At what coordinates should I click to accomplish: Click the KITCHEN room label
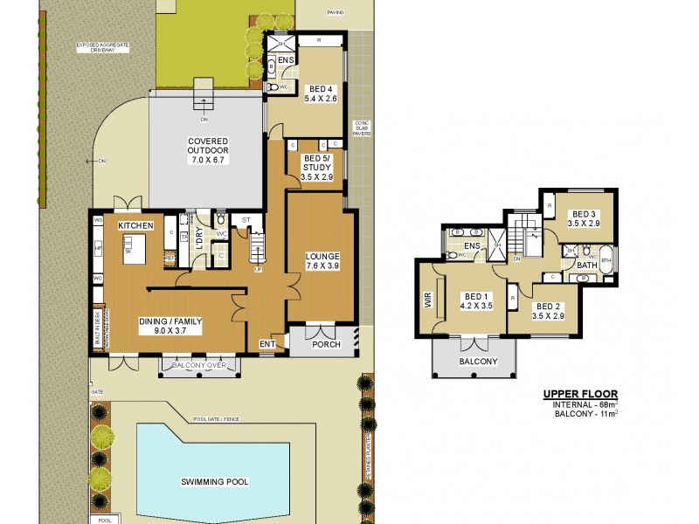[x=136, y=225]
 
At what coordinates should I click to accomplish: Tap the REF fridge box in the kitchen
[x=170, y=258]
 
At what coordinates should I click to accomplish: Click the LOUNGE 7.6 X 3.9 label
[x=322, y=261]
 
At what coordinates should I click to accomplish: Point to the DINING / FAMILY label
[x=170, y=327]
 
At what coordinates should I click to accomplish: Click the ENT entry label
[x=266, y=344]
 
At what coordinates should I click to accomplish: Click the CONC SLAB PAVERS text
[x=362, y=128]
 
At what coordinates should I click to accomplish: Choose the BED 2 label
[x=548, y=312]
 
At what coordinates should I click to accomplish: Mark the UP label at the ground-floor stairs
[x=258, y=269]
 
